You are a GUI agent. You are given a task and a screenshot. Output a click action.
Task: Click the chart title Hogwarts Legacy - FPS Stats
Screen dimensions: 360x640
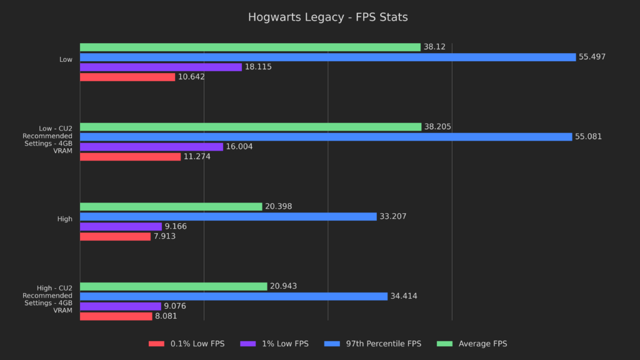click(327, 17)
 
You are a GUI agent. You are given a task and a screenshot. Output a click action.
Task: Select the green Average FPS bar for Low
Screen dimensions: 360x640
click(250, 47)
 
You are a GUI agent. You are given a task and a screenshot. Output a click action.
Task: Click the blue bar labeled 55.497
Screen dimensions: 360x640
click(327, 57)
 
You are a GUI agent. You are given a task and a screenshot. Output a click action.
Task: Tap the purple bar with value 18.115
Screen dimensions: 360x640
click(161, 67)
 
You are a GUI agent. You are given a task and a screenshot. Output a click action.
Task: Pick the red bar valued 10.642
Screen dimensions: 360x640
click(127, 77)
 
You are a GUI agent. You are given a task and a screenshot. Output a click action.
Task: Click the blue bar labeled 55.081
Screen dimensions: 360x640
click(326, 136)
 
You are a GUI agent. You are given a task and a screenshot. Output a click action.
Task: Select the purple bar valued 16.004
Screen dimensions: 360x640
click(151, 146)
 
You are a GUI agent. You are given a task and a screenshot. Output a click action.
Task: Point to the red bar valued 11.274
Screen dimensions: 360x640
click(130, 156)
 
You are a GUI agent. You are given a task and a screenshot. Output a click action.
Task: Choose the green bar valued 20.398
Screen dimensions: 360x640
click(171, 206)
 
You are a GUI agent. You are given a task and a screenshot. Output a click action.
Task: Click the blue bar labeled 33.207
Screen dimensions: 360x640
click(228, 216)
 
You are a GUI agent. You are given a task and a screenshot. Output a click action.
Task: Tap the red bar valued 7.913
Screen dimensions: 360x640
click(115, 236)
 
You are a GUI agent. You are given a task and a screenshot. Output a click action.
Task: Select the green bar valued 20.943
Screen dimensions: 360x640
click(173, 286)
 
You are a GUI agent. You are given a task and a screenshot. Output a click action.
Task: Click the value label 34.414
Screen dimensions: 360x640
click(404, 296)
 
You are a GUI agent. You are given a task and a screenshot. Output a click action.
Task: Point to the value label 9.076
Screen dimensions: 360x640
click(175, 306)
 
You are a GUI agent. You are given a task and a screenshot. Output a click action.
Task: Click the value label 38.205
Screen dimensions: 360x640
click(437, 127)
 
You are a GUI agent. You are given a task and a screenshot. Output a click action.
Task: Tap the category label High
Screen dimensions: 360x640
click(65, 219)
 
